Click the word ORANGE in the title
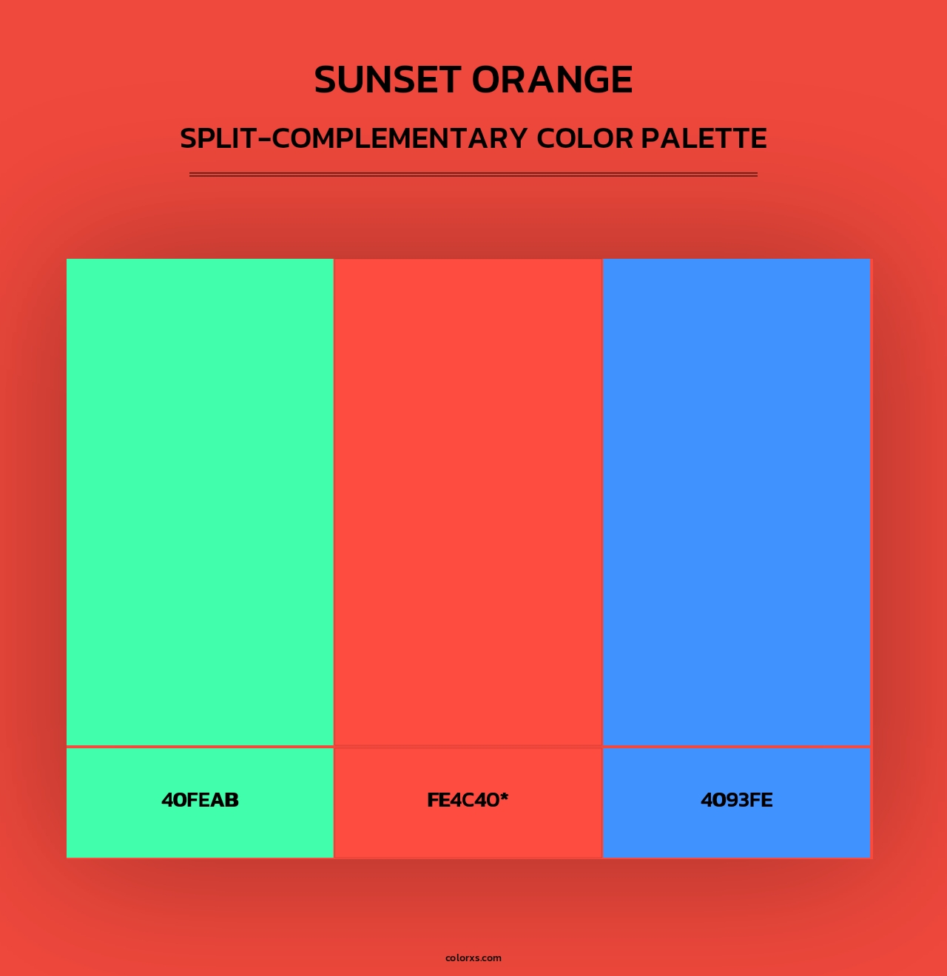[553, 80]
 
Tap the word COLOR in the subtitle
[585, 138]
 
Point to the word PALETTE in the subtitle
[704, 138]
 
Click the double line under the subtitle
[473, 174]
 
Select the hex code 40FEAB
[200, 800]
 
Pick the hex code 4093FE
[737, 800]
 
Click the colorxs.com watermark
[473, 958]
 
